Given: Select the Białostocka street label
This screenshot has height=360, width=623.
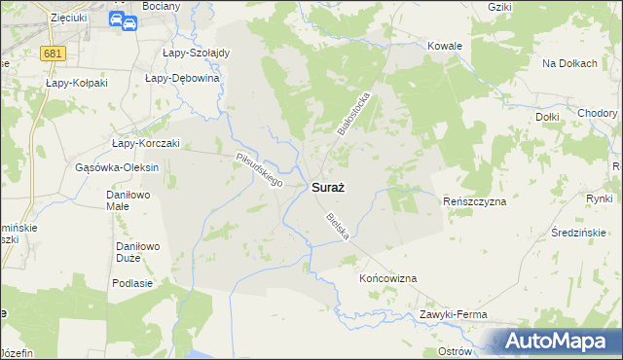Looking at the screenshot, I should click(355, 114).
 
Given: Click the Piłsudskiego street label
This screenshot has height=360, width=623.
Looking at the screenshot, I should click(259, 169).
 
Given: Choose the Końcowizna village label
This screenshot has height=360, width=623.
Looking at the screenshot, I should click(388, 278).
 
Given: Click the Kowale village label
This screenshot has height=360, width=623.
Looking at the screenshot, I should click(445, 46).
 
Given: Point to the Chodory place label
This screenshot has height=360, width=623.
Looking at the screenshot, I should click(596, 113).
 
